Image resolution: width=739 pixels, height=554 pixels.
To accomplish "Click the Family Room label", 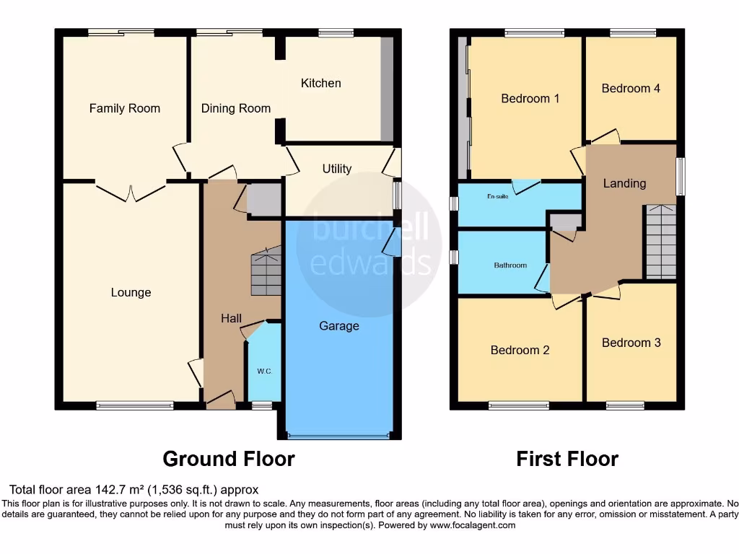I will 125,108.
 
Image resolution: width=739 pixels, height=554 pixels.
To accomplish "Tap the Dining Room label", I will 236,108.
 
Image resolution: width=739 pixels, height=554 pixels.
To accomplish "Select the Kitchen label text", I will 321,83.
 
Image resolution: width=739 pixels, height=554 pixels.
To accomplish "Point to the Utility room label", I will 337,169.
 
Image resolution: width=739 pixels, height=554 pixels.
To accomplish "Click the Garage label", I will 339,326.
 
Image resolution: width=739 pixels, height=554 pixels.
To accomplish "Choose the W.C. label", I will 264,371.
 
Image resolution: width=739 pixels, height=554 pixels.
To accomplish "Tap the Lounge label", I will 131,292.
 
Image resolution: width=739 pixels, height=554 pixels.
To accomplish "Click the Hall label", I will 232,318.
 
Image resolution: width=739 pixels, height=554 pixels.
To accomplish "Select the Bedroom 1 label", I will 530,98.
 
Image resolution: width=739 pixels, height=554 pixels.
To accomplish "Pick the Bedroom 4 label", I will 631,88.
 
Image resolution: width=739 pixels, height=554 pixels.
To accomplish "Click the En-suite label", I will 497,195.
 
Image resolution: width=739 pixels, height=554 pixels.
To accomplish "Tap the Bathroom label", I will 510,265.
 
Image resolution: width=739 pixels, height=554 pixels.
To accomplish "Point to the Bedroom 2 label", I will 520,350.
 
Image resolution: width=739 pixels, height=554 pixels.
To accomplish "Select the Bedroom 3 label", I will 631,343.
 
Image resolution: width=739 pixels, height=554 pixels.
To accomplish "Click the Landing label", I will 624,183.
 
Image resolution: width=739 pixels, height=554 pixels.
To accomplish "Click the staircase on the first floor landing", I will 660,242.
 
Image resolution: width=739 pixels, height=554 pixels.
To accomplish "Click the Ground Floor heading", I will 229,459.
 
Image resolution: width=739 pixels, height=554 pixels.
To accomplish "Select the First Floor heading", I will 567,459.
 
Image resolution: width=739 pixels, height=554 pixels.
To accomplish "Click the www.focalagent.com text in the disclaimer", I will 473,526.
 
